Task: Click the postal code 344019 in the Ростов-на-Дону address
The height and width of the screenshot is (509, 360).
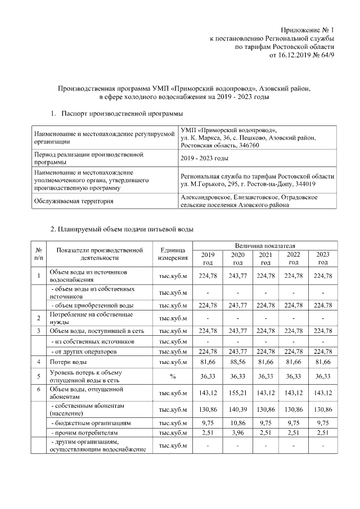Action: tap(303, 184)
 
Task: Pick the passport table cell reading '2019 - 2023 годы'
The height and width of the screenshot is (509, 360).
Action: tap(204, 159)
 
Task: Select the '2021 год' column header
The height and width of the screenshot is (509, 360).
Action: tap(265, 258)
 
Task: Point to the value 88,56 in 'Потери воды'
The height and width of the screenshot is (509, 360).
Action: tap(237, 362)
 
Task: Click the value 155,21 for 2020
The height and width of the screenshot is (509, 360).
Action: tap(237, 393)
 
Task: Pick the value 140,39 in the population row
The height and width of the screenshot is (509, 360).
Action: tap(237, 409)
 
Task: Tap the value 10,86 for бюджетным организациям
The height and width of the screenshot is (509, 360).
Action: tap(237, 422)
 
